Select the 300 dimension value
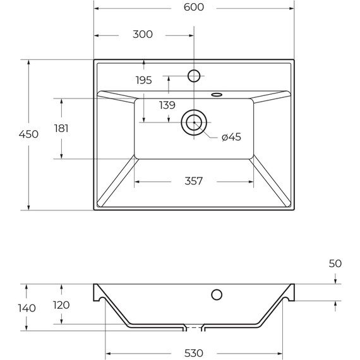click(143, 34)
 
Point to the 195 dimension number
click(144, 80)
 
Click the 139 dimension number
click(167, 105)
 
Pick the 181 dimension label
click(61, 128)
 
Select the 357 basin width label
click(194, 181)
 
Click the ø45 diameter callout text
click(231, 137)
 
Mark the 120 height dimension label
click(61, 304)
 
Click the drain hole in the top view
click(194, 122)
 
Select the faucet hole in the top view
click(194, 76)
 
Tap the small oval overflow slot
click(217, 95)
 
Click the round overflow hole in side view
click(216, 294)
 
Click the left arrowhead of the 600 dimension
click(97, 8)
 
